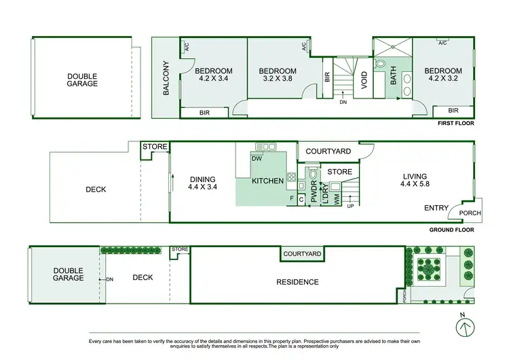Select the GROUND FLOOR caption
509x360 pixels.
click(x=451, y=230)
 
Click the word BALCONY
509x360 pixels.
click(x=165, y=78)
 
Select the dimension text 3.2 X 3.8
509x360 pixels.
click(x=278, y=79)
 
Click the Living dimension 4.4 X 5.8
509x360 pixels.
click(x=415, y=183)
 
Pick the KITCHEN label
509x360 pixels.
click(x=267, y=181)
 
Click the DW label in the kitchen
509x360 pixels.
click(x=257, y=159)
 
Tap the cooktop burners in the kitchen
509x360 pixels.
click(x=291, y=178)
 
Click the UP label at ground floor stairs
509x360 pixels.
click(x=350, y=206)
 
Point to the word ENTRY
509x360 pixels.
click(x=436, y=208)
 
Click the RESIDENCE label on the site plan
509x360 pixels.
click(x=297, y=282)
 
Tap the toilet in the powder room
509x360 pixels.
click(x=313, y=173)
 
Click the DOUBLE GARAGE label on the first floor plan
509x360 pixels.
click(x=82, y=79)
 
